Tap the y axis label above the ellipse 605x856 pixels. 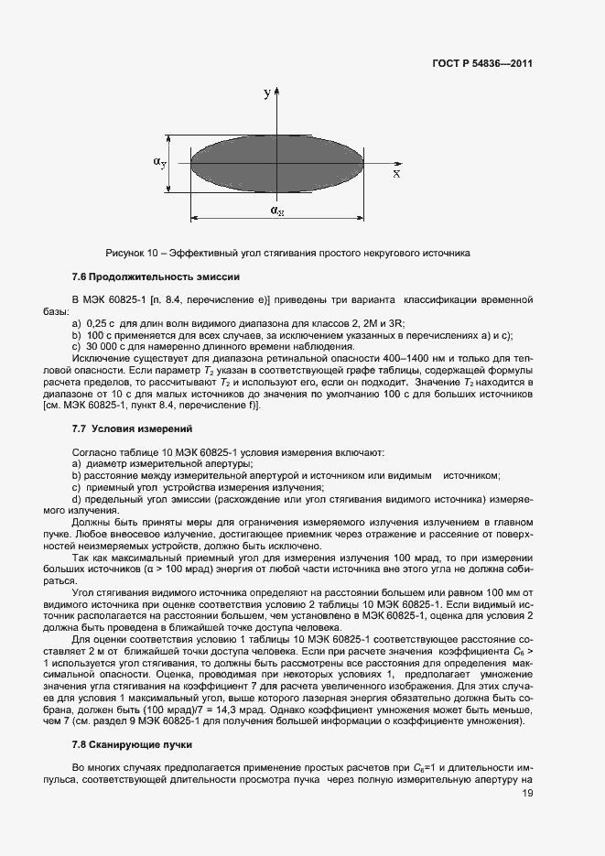(x=266, y=93)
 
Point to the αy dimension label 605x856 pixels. (x=159, y=162)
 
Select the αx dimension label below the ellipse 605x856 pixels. (x=276, y=211)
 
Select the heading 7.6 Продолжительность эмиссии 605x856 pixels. (x=142, y=276)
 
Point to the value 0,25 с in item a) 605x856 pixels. (x=99, y=324)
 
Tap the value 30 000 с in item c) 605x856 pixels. (x=104, y=346)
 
